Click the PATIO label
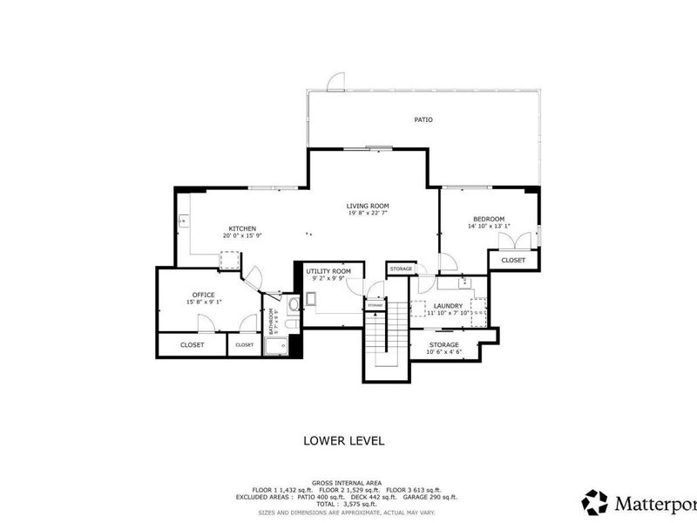click(x=423, y=119)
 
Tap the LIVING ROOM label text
click(x=367, y=206)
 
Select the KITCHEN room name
click(x=241, y=228)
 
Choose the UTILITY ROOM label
click(x=328, y=272)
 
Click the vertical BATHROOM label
click(x=272, y=323)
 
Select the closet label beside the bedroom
click(x=513, y=260)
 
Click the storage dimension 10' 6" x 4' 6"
click(x=443, y=353)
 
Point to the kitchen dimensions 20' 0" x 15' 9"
click(x=241, y=236)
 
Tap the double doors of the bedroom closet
click(x=504, y=242)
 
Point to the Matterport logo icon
click(x=594, y=501)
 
